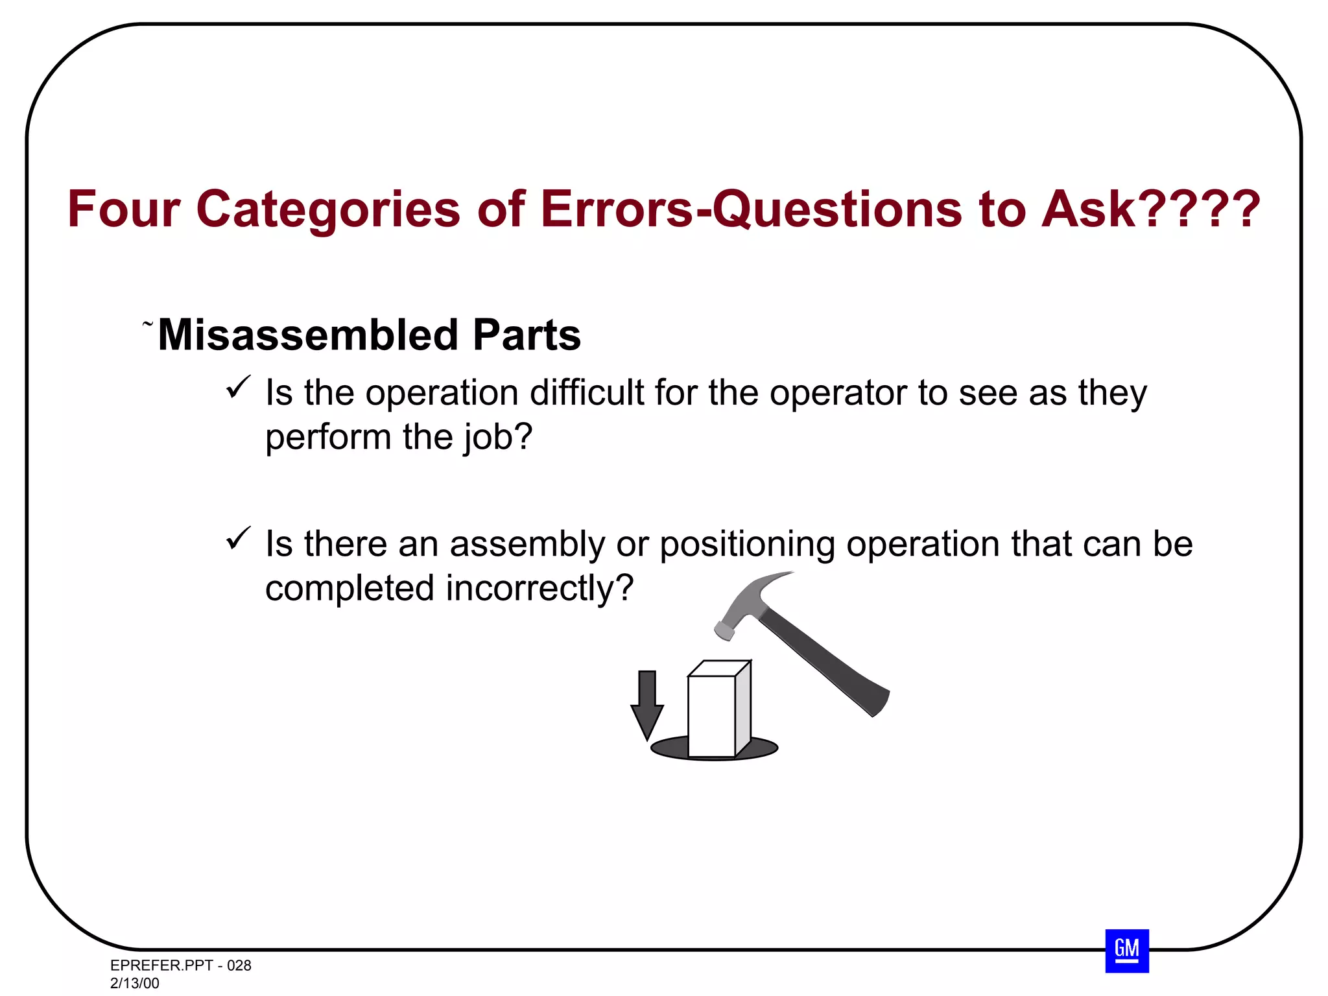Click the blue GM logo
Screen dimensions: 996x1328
pos(1126,951)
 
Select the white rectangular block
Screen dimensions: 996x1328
pos(712,716)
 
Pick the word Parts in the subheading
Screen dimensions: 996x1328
pos(527,335)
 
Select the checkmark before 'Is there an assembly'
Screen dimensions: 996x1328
pos(238,539)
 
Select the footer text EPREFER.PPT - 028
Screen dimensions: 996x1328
pos(180,966)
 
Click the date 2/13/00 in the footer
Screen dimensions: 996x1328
pos(134,983)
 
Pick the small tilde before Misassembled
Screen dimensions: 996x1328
pos(148,322)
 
